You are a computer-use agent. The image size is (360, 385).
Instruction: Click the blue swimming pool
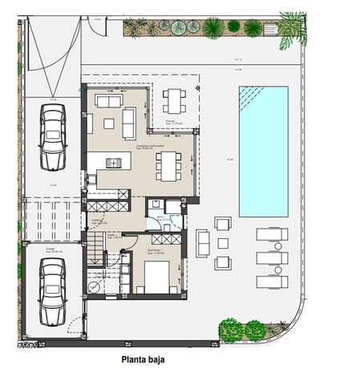(x=263, y=151)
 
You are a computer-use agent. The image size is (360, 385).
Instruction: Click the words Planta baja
(x=152, y=361)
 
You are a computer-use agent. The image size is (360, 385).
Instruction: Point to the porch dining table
(x=175, y=101)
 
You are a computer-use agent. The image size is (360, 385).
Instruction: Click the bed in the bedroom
(x=156, y=278)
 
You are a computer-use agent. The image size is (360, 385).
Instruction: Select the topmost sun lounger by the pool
(x=271, y=234)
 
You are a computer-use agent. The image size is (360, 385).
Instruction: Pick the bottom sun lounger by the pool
(x=271, y=282)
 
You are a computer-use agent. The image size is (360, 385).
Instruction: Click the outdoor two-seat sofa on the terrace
(x=202, y=242)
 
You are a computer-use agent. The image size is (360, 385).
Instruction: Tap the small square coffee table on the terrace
(x=222, y=243)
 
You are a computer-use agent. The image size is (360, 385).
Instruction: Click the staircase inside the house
(x=95, y=248)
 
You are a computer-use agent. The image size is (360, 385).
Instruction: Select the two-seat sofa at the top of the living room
(x=108, y=101)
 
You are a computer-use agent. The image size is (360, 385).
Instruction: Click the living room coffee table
(x=108, y=123)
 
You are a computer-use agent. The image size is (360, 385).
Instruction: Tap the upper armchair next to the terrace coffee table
(x=223, y=223)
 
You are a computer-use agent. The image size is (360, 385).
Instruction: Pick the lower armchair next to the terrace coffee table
(x=223, y=263)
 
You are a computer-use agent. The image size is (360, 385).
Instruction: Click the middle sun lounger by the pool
(x=271, y=258)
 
